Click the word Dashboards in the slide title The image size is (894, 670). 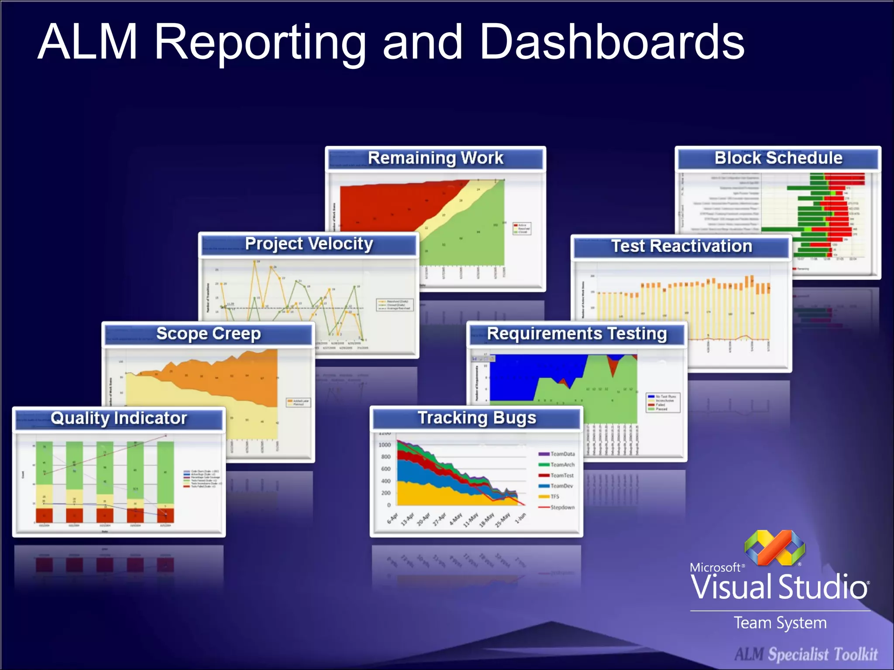611,42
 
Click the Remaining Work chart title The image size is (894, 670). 435,158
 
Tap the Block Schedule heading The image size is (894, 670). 778,158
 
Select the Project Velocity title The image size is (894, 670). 309,244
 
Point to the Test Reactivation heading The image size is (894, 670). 681,246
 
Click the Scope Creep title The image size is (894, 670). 208,334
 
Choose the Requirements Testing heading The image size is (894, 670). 577,334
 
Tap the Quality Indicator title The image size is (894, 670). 119,418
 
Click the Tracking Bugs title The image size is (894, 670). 477,418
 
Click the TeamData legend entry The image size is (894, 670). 562,454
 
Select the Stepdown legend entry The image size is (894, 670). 562,507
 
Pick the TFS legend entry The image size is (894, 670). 554,496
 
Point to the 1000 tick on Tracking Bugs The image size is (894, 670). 385,445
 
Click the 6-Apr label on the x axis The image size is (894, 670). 393,518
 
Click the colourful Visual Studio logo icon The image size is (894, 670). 774,547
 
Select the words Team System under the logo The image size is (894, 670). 780,623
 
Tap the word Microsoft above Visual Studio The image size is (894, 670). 715,567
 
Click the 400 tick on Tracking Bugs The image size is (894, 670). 386,481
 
